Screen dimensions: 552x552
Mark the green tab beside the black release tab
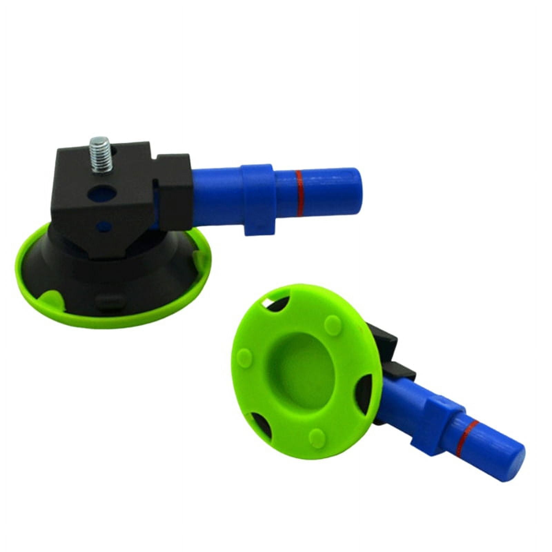52,297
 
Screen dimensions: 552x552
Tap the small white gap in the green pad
267,303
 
